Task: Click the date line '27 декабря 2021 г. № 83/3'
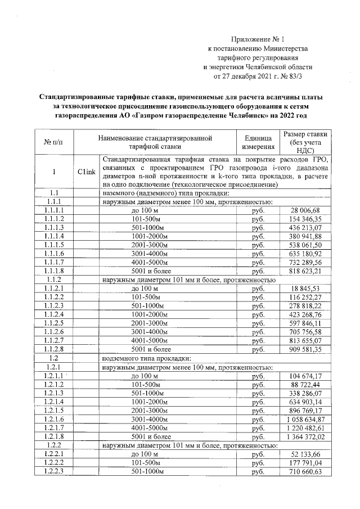[x=259, y=75]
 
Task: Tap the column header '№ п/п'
[x=54, y=142]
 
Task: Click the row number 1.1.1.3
[x=54, y=227]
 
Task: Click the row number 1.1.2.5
[x=54, y=323]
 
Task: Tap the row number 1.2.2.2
[x=54, y=462]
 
